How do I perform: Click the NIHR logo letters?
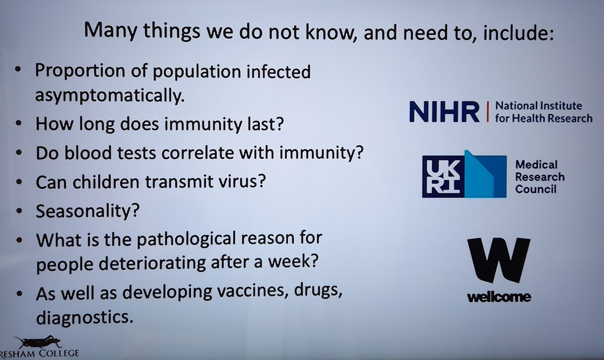click(x=443, y=112)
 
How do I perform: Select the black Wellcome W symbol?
click(x=499, y=261)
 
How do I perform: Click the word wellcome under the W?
click(x=499, y=297)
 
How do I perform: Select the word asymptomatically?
click(x=107, y=96)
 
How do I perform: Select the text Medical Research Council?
click(x=539, y=177)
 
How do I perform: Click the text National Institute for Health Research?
click(x=543, y=112)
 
